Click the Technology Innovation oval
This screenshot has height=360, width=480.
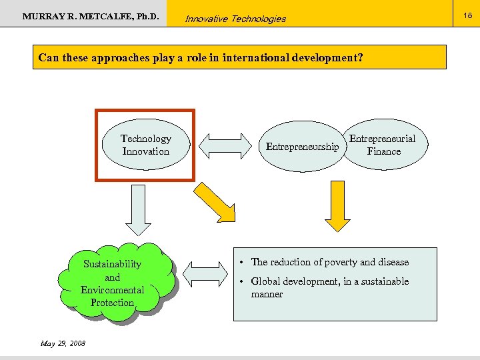pyautogui.click(x=145, y=145)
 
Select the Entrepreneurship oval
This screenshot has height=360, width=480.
pyautogui.click(x=302, y=147)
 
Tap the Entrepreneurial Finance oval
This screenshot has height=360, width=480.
pyautogui.click(x=383, y=145)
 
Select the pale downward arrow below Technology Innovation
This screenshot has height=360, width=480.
pyautogui.click(x=139, y=209)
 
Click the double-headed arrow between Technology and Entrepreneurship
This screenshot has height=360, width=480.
pyautogui.click(x=223, y=145)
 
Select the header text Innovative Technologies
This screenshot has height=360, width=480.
pyautogui.click(x=235, y=19)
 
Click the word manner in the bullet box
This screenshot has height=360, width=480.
pyautogui.click(x=267, y=294)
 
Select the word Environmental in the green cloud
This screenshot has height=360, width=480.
pyautogui.click(x=112, y=290)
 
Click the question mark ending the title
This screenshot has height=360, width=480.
pyautogui.click(x=360, y=57)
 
